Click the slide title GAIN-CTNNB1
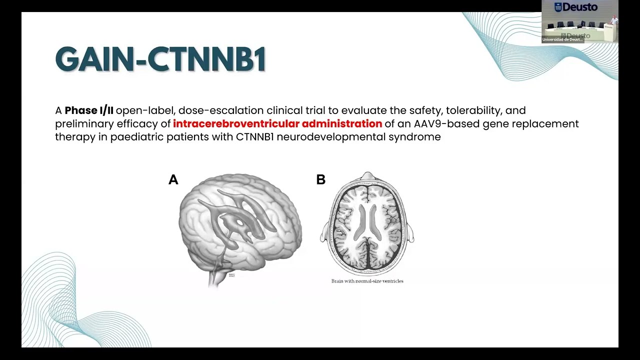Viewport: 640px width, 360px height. tap(160, 60)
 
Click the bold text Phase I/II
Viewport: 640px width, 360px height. tap(89, 110)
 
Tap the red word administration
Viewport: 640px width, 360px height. tap(342, 123)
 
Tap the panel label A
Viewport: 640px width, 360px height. tap(173, 179)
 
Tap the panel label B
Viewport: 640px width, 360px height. tap(321, 179)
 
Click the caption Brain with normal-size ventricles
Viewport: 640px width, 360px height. tap(367, 281)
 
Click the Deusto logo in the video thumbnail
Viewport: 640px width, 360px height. tap(576, 7)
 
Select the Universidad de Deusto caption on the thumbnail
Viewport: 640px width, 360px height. tap(562, 39)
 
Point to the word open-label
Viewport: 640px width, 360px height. tap(144, 110)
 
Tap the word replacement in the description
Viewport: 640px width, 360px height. tap(549, 123)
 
